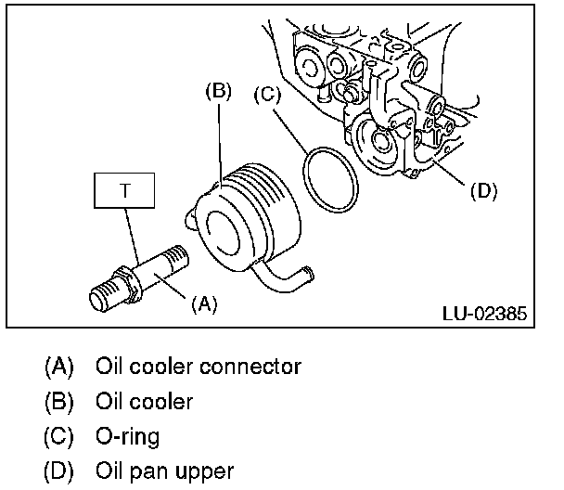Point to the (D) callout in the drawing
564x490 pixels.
point(483,191)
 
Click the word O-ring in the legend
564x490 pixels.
point(127,436)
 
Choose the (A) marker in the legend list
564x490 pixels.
point(58,367)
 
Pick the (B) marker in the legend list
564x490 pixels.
point(58,402)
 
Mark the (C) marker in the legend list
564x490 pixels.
point(58,436)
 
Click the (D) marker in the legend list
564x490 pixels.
point(58,471)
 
